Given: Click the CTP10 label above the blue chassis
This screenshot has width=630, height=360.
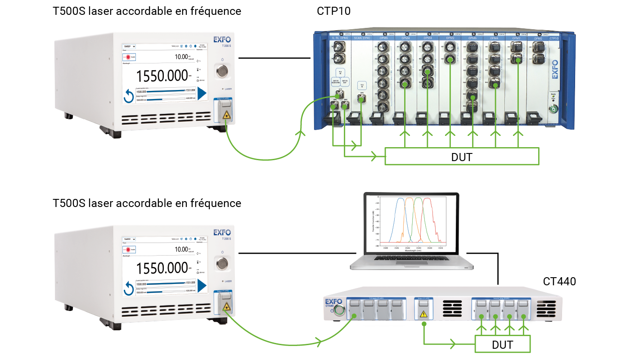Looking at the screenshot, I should click(333, 11).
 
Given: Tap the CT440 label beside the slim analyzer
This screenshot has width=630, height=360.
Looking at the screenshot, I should click(559, 282).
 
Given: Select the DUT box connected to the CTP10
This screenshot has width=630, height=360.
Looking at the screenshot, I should click(461, 157).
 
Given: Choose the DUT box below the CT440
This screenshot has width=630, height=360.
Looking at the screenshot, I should click(503, 345).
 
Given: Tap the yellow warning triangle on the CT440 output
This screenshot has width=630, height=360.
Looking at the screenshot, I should click(423, 314).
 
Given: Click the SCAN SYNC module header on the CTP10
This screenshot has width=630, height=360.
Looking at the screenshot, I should click(361, 39).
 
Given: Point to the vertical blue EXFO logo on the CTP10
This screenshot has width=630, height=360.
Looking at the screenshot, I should click(554, 70).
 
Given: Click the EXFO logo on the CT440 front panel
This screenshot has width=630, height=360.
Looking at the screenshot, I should click(332, 300).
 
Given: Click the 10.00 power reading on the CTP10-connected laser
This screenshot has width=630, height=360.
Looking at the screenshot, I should click(182, 57).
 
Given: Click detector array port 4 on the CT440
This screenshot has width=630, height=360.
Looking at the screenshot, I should click(522, 306).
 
